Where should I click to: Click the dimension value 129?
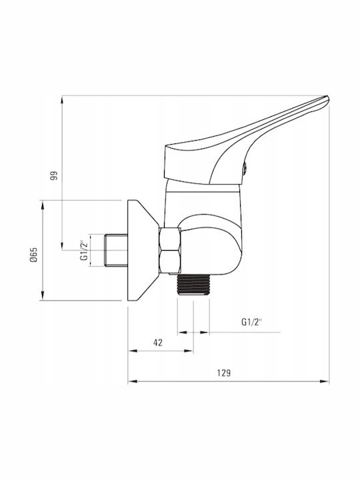click(224, 373)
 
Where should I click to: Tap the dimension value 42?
click(157, 343)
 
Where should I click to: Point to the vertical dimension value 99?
click(54, 175)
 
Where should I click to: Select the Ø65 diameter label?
click(34, 255)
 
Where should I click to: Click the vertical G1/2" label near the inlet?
click(84, 249)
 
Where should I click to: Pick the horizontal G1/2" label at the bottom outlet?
click(252, 322)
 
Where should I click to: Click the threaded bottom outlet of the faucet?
click(193, 285)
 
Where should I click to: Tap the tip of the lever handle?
click(328, 99)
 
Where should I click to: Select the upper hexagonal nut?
click(170, 239)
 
